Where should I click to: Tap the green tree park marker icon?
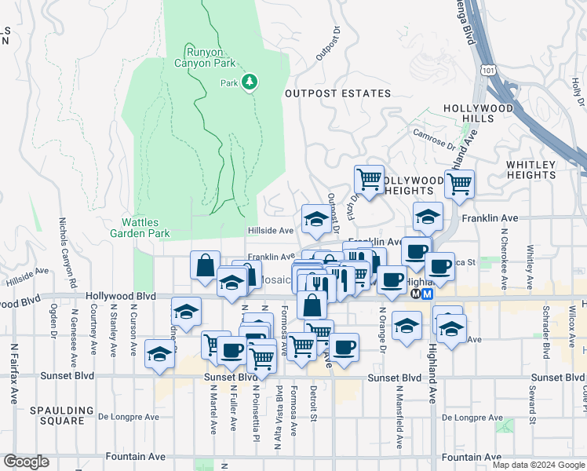(250, 82)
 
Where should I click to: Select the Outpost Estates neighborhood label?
(337, 93)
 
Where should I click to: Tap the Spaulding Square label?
(57, 415)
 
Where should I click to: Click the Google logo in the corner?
(26, 462)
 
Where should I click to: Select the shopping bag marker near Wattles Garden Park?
(205, 265)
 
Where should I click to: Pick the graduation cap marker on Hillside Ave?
(315, 219)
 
